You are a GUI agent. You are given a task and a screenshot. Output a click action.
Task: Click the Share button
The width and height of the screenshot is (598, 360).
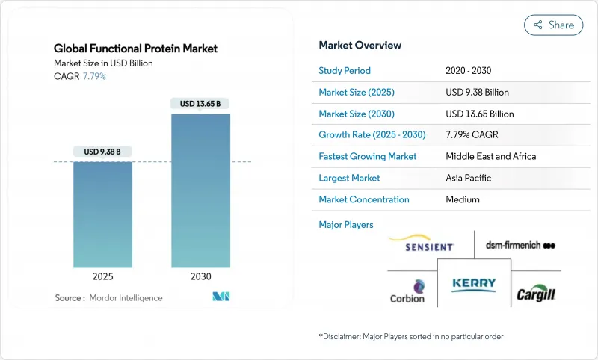554,25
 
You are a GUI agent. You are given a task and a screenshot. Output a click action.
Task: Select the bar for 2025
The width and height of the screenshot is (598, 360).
103,214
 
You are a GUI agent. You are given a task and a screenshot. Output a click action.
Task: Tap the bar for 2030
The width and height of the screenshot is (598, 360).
200,190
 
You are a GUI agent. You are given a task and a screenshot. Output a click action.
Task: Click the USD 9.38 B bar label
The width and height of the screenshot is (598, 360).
103,152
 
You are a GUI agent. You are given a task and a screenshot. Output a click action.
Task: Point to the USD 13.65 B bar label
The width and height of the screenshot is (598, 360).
200,104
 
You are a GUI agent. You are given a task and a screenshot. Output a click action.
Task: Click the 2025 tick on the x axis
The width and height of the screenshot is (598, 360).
103,276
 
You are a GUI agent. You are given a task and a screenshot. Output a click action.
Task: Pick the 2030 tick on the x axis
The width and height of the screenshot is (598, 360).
200,276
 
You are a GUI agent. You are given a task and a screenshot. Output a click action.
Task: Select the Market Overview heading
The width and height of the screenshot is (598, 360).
360,46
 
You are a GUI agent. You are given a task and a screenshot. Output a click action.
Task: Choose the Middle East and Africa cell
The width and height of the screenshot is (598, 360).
491,157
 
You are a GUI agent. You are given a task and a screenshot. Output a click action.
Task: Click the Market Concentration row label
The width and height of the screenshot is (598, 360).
364,199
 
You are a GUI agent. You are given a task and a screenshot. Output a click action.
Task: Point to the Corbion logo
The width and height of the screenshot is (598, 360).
407,291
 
